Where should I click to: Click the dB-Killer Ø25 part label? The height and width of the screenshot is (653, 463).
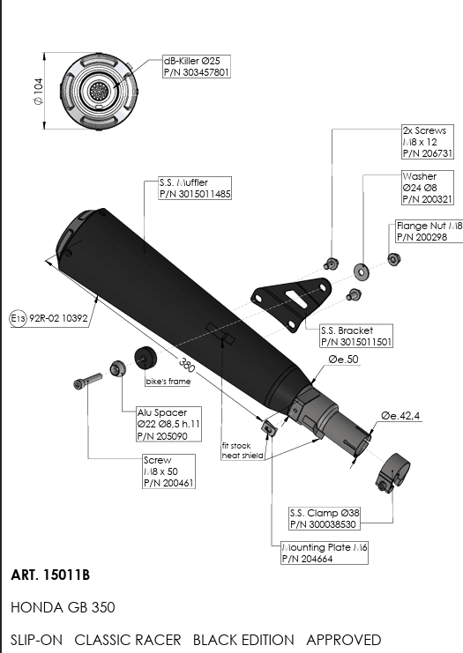click(197, 67)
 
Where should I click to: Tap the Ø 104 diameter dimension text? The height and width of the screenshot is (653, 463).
click(38, 91)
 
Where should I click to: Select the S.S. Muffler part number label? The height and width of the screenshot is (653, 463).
click(195, 189)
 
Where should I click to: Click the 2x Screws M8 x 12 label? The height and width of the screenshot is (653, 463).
click(427, 142)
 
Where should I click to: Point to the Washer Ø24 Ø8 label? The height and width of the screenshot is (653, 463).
click(427, 188)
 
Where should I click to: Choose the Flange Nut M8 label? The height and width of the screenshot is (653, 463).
click(429, 232)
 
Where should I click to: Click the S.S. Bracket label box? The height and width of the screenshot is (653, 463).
click(356, 336)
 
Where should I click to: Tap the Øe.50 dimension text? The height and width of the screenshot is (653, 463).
click(343, 359)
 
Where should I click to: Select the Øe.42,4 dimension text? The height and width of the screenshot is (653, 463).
click(400, 416)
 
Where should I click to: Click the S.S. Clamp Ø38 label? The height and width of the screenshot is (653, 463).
click(325, 518)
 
